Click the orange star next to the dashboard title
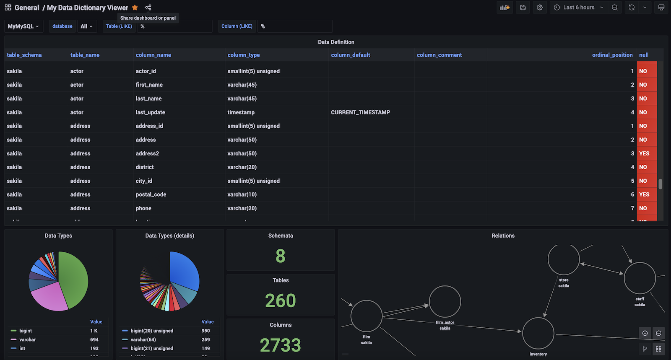(x=135, y=8)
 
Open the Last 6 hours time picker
(x=578, y=8)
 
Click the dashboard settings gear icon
(x=540, y=8)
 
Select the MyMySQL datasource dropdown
(x=23, y=26)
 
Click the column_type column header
(x=244, y=55)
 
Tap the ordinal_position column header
(x=612, y=55)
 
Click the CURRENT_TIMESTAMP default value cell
(x=360, y=112)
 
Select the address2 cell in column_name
(x=147, y=153)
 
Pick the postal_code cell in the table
(x=151, y=194)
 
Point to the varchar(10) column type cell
(x=242, y=194)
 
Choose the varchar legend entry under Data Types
(x=28, y=339)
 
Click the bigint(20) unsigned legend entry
(x=152, y=331)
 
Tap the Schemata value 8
(x=281, y=256)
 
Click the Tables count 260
(x=281, y=300)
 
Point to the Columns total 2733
(x=281, y=345)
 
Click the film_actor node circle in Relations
(x=445, y=302)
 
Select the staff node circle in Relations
(x=640, y=278)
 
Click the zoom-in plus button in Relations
(x=645, y=333)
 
